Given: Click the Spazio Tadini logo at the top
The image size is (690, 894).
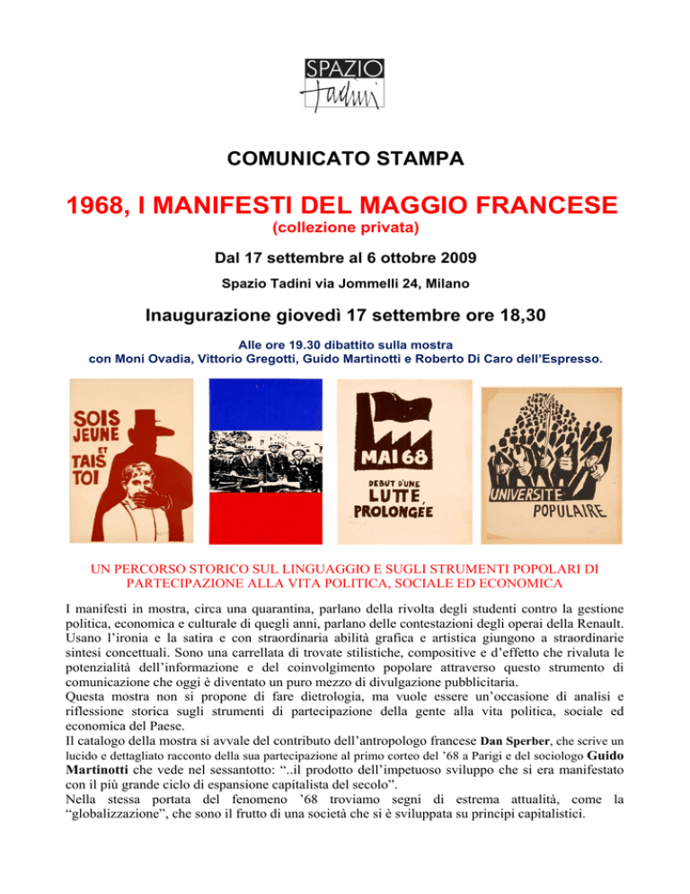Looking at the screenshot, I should tap(345, 85).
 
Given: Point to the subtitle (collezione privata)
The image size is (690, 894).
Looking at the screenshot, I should tap(344, 231).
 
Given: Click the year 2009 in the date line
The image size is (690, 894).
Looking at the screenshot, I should tap(455, 257).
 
